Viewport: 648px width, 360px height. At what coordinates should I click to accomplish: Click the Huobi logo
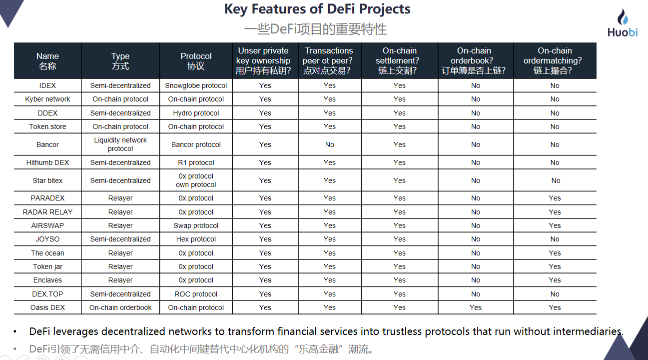coord(623,23)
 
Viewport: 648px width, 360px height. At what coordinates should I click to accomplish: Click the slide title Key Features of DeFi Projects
coord(317,8)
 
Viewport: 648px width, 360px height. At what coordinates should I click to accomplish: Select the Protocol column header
coord(196,61)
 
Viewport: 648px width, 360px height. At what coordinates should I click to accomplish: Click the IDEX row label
coord(47,85)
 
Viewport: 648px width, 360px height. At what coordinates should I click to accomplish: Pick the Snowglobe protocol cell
coord(196,85)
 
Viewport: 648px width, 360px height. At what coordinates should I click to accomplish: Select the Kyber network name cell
coord(47,99)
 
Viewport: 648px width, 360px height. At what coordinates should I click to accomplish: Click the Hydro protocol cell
coord(196,113)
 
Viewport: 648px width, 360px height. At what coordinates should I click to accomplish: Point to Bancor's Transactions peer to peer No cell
coord(330,144)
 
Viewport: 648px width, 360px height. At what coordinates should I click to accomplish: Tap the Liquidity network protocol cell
coord(120,144)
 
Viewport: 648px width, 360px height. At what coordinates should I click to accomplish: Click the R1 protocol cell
coord(196,162)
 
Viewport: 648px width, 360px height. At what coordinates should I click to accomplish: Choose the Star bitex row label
coord(47,180)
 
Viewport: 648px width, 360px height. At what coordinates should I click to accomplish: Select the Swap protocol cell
coord(196,225)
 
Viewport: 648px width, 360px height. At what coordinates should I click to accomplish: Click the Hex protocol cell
coord(196,239)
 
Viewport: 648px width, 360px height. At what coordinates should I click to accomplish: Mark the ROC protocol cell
coord(196,294)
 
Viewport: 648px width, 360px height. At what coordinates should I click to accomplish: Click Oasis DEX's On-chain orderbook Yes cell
coord(476,307)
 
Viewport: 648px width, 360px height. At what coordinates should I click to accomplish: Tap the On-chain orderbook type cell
coord(120,307)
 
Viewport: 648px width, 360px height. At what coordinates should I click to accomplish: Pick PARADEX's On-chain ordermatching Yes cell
coord(555,198)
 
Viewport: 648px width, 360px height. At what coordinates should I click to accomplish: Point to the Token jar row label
coord(47,266)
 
